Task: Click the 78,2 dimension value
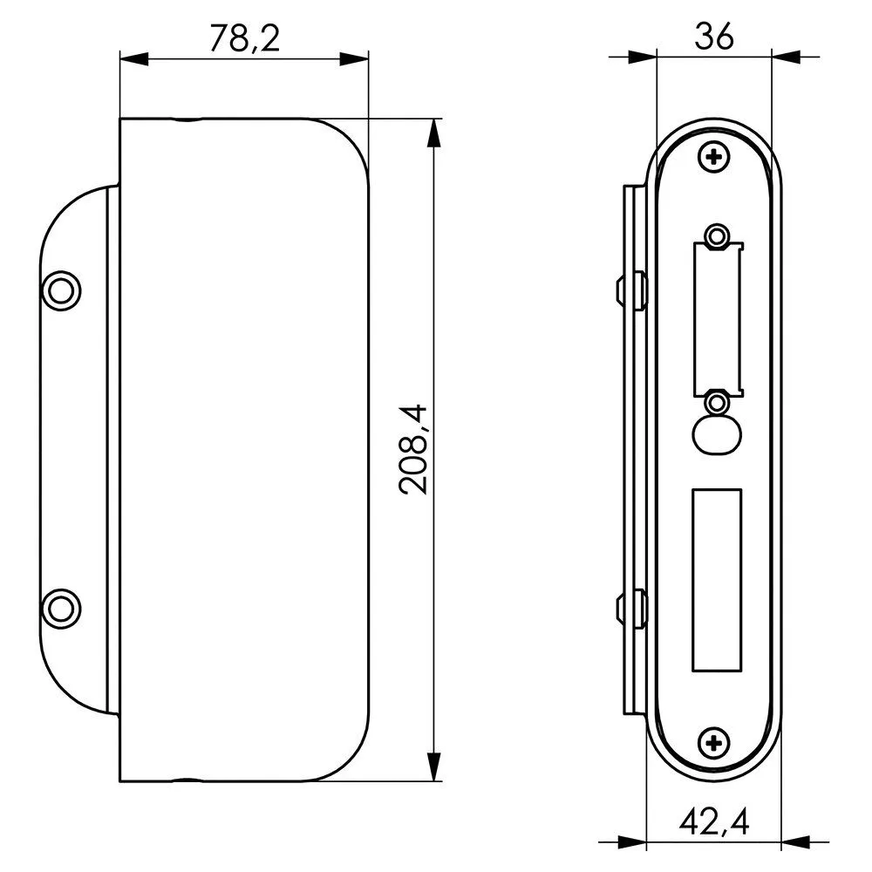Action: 244,38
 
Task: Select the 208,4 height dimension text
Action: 413,449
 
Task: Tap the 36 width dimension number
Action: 714,37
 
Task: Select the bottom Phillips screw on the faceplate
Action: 714,742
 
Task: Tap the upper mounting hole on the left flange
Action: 61,290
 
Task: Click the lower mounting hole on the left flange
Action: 61,609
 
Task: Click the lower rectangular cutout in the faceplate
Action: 717,580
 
